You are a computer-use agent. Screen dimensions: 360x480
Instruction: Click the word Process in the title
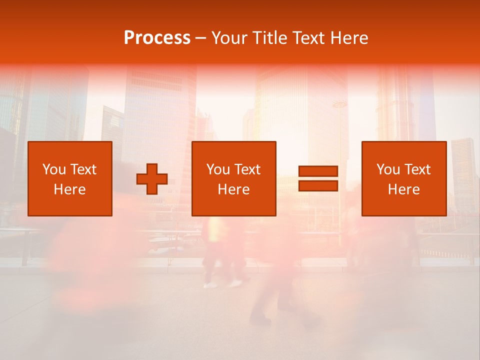coord(157,37)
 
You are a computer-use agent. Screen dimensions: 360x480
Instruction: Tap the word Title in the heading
coord(270,38)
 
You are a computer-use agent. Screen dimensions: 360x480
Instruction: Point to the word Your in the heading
coord(229,38)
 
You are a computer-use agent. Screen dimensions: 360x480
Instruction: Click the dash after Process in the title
coord(200,38)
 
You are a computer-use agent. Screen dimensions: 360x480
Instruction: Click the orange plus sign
coord(152,179)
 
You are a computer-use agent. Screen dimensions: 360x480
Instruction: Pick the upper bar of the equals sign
coord(318,171)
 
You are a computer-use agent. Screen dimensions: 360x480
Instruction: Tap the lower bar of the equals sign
coord(318,186)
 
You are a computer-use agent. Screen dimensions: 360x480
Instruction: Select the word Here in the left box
coord(70,189)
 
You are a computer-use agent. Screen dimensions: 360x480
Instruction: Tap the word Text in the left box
coord(82,169)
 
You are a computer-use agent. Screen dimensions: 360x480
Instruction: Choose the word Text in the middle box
coord(247,169)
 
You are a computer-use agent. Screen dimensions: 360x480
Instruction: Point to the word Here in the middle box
coord(234,189)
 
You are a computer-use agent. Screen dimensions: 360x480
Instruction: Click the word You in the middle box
coord(218,169)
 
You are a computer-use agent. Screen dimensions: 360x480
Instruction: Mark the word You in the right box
coord(388,169)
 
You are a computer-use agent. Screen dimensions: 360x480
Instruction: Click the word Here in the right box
coord(404,189)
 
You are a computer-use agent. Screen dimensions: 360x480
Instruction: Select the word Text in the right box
coord(417,169)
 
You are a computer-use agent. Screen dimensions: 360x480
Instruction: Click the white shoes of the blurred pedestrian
coord(223,284)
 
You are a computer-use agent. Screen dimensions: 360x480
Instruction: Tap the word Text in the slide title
coord(309,38)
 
